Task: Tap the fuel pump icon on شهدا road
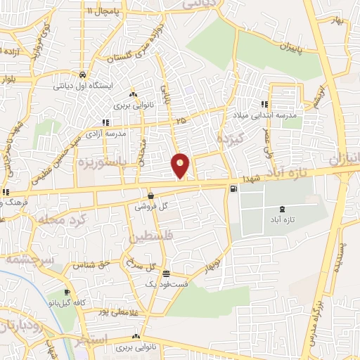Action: point(233,188)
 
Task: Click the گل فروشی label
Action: point(154,206)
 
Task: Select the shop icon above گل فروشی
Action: point(151,195)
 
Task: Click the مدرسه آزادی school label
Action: point(108,133)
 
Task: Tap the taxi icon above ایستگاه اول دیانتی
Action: point(83,75)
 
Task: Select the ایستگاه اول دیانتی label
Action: point(78,86)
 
